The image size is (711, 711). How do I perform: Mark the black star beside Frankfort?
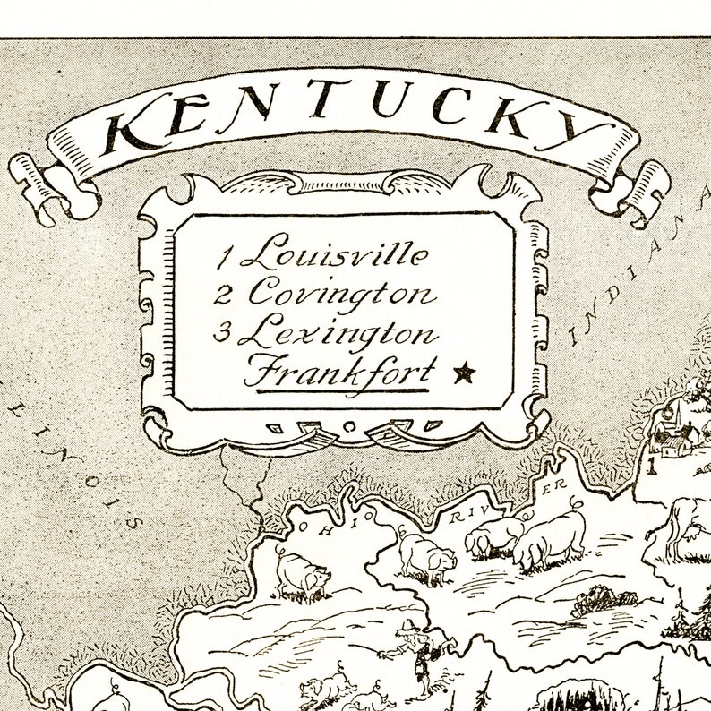tap(463, 372)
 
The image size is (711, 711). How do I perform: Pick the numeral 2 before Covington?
tap(224, 295)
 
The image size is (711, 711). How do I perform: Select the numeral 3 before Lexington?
tap(223, 333)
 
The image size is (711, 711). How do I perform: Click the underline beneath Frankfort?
tap(338, 390)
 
